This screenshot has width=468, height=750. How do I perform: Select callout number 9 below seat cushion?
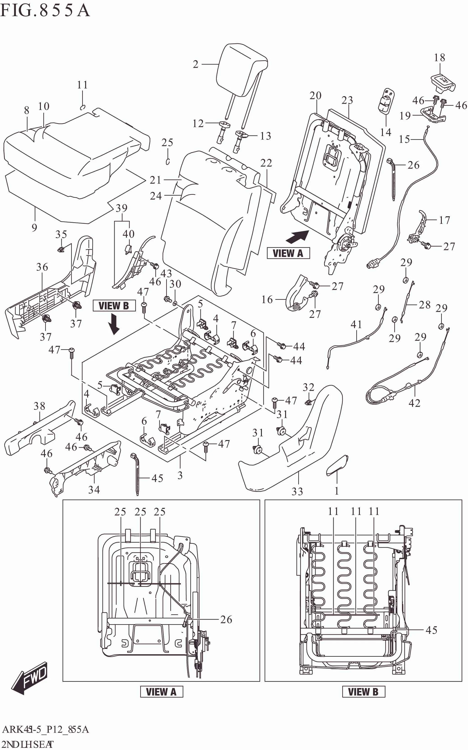34,228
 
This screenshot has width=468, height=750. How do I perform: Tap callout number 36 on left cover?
42,267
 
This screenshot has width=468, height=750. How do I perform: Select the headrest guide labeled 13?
241,139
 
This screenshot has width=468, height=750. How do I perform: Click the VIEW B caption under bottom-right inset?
363,692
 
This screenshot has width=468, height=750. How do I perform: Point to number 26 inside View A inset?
226,619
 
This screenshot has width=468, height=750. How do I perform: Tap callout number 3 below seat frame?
180,475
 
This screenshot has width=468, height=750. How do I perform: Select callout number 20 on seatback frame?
315,95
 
